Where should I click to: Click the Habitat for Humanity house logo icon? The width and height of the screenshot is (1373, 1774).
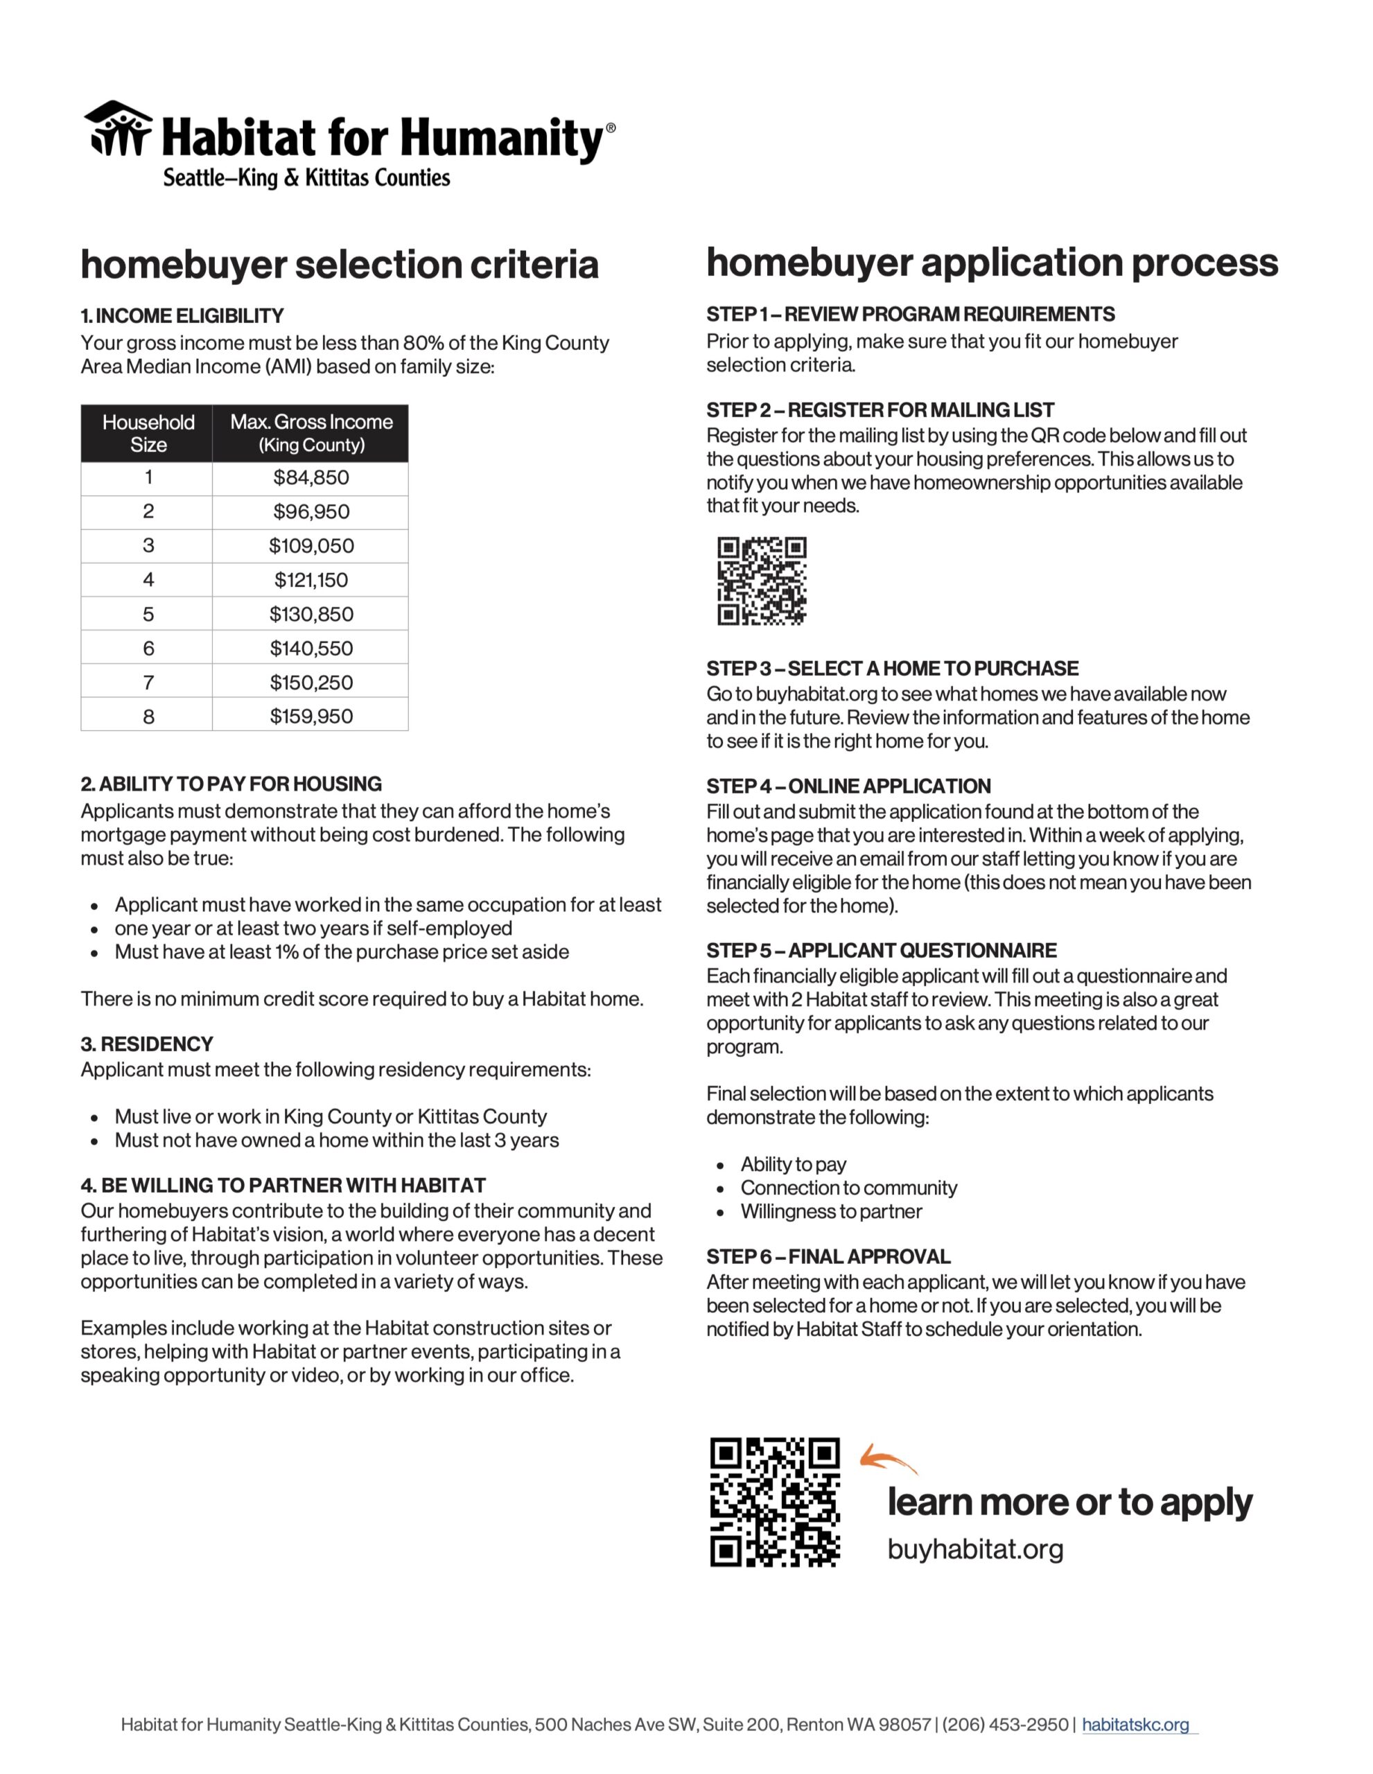click(x=119, y=128)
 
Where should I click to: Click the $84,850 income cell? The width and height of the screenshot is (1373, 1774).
click(x=311, y=477)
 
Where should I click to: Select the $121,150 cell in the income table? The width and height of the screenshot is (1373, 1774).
click(x=311, y=580)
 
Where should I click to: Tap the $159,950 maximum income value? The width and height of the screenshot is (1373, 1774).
click(x=311, y=717)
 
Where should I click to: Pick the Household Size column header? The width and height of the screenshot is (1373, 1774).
click(x=148, y=433)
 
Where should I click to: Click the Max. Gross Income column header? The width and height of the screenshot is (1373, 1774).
click(x=311, y=433)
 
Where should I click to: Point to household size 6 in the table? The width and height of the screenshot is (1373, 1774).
click(x=148, y=648)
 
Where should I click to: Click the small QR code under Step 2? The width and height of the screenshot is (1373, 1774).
click(x=761, y=581)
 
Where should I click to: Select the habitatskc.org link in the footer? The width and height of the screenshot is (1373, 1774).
click(x=1135, y=1724)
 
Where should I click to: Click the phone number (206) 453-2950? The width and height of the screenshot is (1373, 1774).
click(x=1004, y=1724)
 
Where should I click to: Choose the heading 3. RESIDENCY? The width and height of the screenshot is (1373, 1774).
click(x=147, y=1044)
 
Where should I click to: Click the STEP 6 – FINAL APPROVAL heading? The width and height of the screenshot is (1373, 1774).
click(x=828, y=1256)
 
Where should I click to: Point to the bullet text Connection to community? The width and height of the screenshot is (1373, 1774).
click(x=848, y=1188)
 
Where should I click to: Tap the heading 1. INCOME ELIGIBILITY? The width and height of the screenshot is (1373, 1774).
click(x=182, y=315)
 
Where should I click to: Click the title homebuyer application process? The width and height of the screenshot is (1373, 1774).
click(x=992, y=263)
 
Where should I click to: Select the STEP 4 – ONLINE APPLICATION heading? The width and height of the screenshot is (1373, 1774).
click(x=848, y=787)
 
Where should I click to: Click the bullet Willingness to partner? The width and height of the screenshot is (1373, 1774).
click(x=830, y=1211)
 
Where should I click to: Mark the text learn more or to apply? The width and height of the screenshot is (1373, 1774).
click(x=1069, y=1502)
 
